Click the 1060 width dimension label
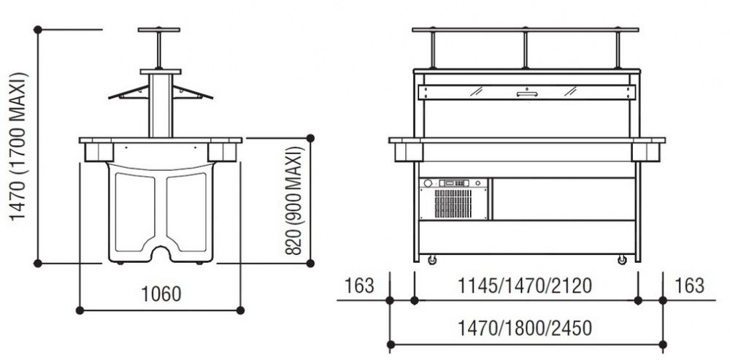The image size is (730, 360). (x=161, y=294)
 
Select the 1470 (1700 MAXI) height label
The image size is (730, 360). (x=19, y=146)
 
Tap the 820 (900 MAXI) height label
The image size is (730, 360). (x=293, y=201)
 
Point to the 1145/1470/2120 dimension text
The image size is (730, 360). (x=525, y=286)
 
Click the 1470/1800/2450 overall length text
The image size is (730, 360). (x=525, y=329)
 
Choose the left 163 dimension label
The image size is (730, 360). (x=359, y=286)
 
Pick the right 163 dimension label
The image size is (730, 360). (x=690, y=286)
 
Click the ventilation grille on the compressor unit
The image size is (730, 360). (x=453, y=204)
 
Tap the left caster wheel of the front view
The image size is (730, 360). (x=432, y=259)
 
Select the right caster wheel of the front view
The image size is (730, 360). (x=622, y=259)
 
